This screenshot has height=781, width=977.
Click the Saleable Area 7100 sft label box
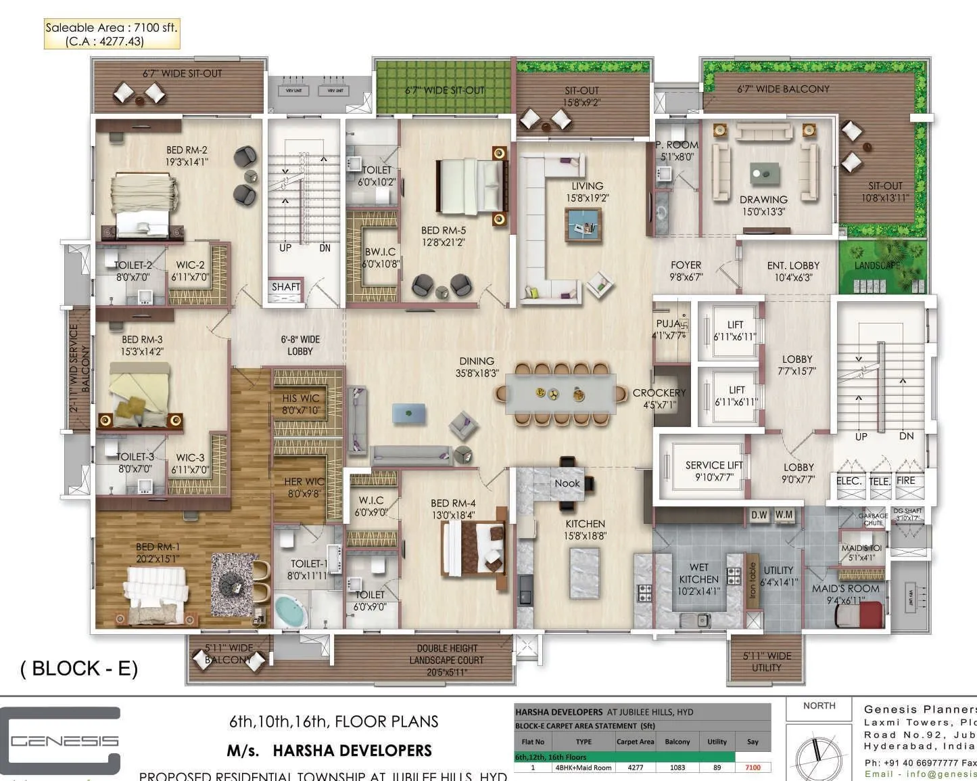112,35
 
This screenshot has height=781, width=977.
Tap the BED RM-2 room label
187,156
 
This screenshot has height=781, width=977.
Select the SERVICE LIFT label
714,470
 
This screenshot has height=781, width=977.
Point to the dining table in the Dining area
561,394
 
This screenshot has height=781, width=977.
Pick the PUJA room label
669,329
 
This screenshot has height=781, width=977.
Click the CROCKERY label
659,398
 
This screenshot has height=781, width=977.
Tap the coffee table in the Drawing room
764,175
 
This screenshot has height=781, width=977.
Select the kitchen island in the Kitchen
584,572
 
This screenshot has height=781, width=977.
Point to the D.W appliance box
759,515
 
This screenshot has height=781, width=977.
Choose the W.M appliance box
784,515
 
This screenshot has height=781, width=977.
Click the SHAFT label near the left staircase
285,287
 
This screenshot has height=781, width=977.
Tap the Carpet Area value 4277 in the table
635,767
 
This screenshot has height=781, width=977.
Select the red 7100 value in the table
753,767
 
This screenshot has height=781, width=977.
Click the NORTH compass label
819,706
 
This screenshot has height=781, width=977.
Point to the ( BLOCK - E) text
79,668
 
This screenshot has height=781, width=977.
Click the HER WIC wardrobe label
304,487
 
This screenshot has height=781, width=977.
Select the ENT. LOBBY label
793,271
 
